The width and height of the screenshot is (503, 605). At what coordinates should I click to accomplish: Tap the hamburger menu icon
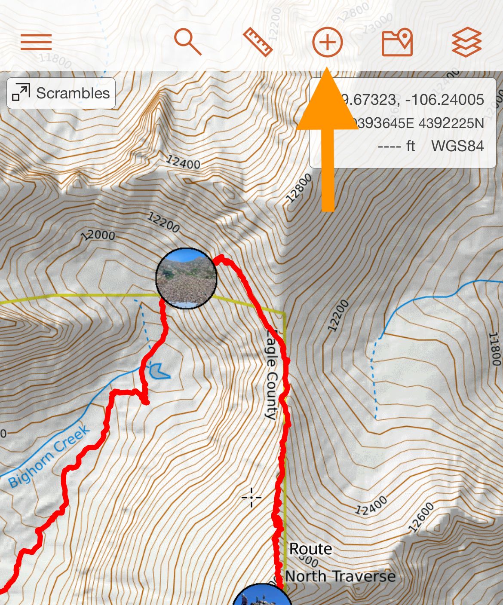(x=36, y=42)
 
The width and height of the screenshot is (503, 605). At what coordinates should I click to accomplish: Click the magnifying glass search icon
(x=188, y=42)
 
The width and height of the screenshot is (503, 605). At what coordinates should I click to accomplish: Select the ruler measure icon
(x=258, y=42)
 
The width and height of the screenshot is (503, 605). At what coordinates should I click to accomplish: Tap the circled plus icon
(x=328, y=42)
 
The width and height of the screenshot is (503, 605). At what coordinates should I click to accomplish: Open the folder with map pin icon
(x=397, y=42)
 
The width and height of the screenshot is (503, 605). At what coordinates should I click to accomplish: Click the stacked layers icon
(x=467, y=42)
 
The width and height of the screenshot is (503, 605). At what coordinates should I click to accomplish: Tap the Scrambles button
(x=61, y=93)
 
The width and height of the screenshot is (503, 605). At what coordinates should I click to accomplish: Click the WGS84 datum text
(x=457, y=146)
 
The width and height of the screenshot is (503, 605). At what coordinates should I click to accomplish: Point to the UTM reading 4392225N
(x=451, y=124)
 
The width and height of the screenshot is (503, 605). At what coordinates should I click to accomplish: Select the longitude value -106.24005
(x=445, y=100)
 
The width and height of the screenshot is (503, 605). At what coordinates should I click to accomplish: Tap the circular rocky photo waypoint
(x=186, y=278)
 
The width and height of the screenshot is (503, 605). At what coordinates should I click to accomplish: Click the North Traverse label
(x=340, y=576)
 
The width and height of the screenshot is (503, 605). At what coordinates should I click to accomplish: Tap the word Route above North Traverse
(x=310, y=549)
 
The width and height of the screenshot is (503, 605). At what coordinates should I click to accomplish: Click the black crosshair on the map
(x=252, y=498)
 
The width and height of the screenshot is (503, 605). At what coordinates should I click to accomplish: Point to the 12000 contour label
(x=98, y=235)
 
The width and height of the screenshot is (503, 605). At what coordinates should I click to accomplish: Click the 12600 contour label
(x=421, y=517)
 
